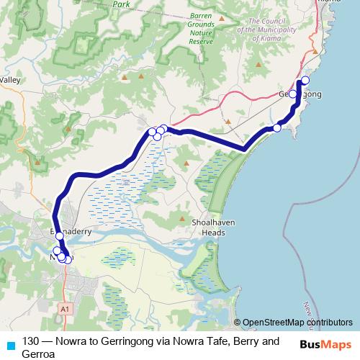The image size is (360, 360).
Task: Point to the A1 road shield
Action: pyautogui.click(x=66, y=307)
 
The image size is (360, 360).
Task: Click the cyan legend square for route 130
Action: pyautogui.click(x=9, y=343)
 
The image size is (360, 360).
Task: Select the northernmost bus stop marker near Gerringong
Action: pyautogui.click(x=305, y=80)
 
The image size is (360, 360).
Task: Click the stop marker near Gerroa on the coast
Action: pyautogui.click(x=277, y=127)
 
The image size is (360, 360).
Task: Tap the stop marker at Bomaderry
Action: pyautogui.click(x=60, y=236)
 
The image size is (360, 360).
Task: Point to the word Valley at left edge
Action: pyautogui.click(x=10, y=80)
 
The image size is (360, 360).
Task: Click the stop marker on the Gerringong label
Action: pyautogui.click(x=293, y=94)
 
